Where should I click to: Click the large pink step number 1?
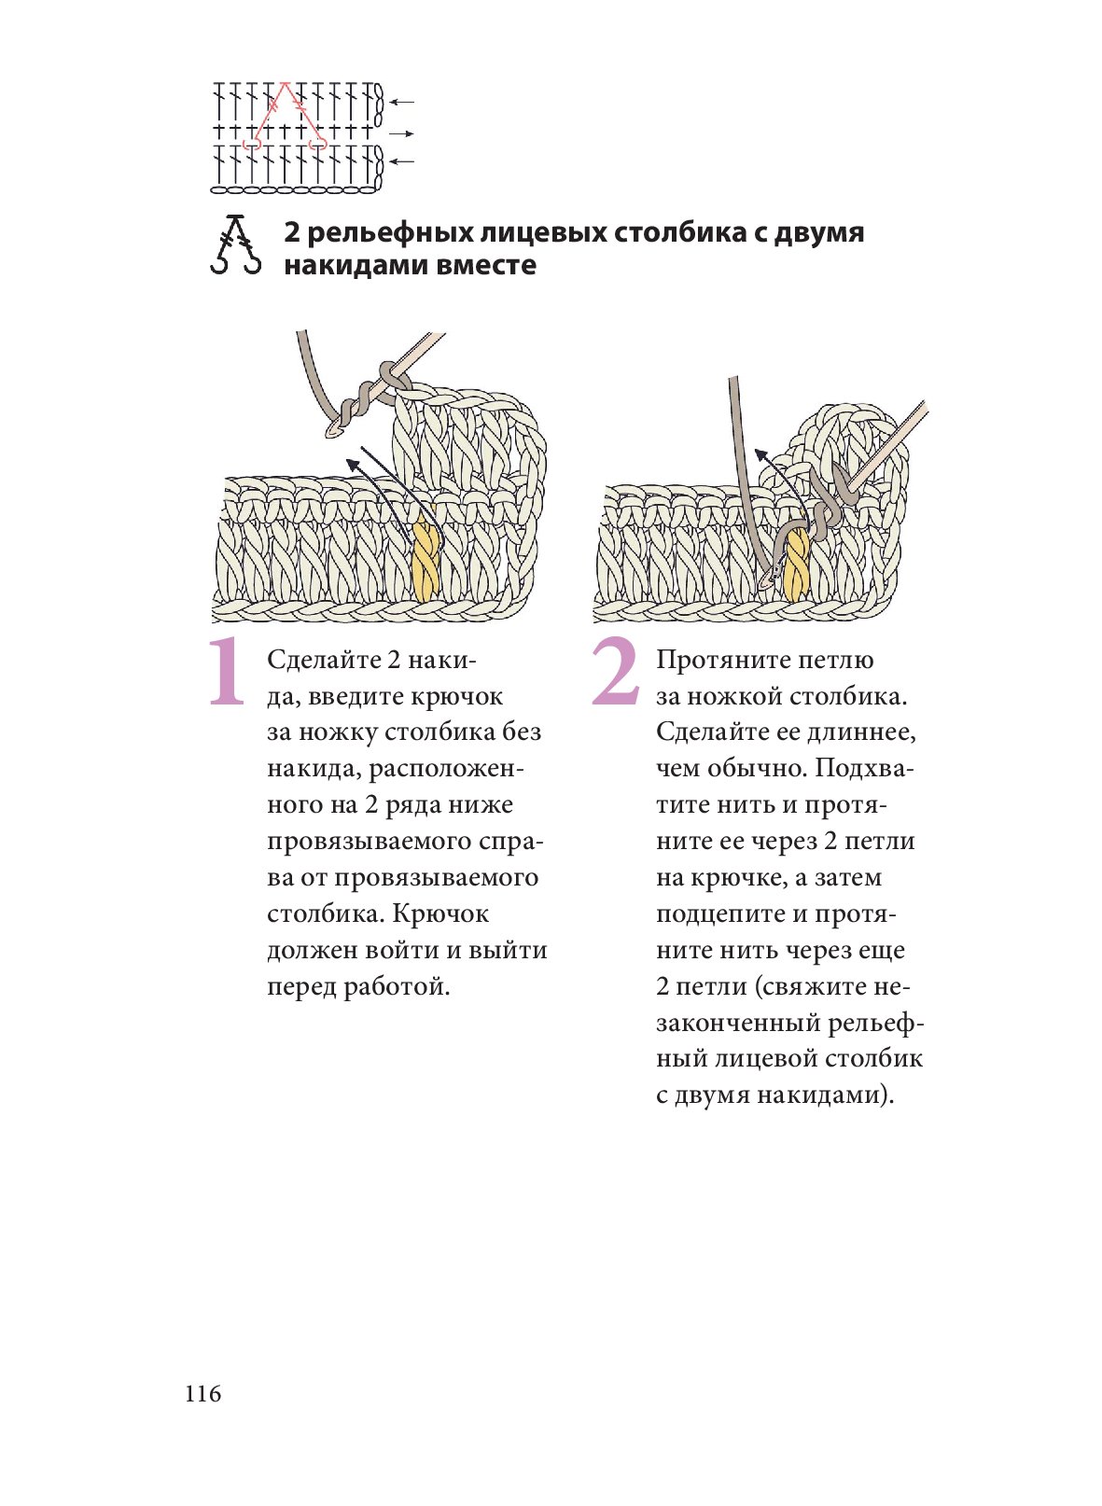coord(227,672)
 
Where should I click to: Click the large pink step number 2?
coord(616,672)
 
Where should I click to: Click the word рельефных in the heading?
coord(391,232)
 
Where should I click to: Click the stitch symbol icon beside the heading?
coord(235,244)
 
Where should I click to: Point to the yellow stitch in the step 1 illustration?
coord(425,558)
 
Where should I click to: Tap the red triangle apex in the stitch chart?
coord(286,84)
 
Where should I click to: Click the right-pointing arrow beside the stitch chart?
coord(402,133)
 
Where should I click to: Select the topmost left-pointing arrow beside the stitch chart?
coord(402,103)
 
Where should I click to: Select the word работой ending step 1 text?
coord(397,987)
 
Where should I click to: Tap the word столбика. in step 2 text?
coord(849,696)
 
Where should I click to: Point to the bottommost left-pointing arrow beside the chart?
coord(402,161)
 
